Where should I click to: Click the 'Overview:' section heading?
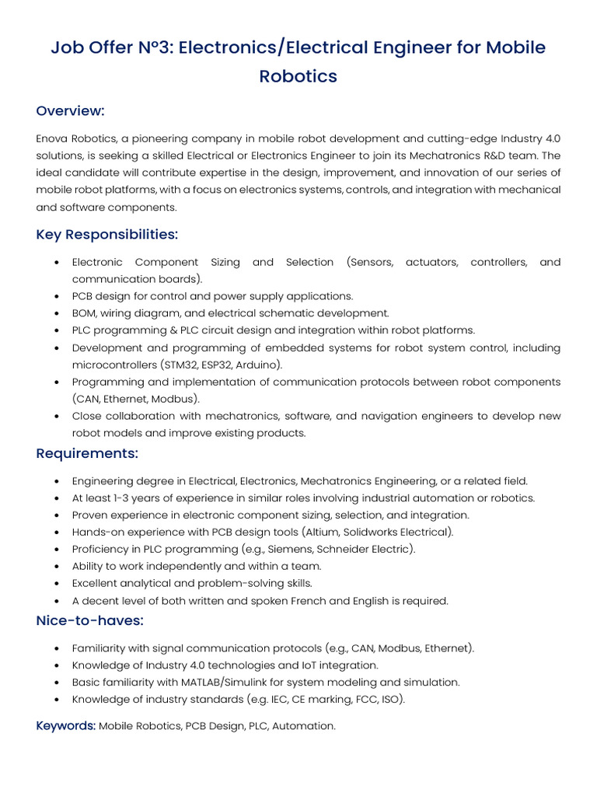point(70,111)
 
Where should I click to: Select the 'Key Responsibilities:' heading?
point(106,235)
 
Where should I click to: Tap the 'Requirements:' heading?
point(86,453)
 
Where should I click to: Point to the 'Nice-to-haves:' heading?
point(89,620)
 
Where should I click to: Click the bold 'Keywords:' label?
point(65,726)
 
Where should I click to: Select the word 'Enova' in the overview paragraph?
point(52,138)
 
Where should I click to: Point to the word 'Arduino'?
point(259,365)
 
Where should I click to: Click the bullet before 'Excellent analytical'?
point(58,584)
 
